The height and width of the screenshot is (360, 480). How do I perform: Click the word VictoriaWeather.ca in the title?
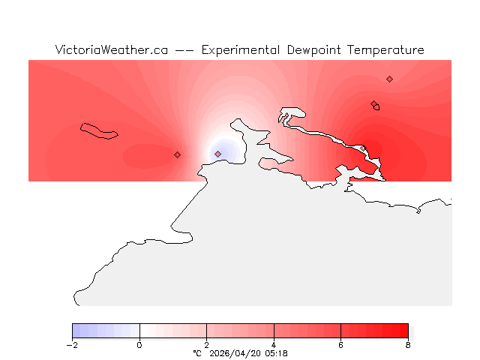pos(111,50)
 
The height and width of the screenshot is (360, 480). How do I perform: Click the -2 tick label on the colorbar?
pos(72,345)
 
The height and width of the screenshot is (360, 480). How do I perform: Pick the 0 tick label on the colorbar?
pos(139,345)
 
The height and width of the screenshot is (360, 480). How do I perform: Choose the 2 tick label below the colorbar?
pos(206,345)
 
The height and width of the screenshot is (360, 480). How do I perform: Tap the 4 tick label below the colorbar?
pos(274,345)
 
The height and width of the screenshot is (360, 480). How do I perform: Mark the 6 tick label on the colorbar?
pos(340,345)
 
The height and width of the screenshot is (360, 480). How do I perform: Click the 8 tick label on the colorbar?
pos(408,345)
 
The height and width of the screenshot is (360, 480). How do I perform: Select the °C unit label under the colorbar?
pos(197,352)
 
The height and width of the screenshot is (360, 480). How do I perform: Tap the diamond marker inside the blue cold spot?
pos(217,154)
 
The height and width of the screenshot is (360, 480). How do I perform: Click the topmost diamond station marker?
pos(389,79)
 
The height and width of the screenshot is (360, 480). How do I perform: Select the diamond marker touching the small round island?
pos(373,104)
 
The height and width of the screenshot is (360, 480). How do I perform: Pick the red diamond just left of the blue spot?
pos(177,154)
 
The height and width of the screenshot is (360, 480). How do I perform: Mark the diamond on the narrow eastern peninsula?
pos(364,148)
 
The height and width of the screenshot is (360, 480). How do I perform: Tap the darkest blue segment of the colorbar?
pos(76,331)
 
